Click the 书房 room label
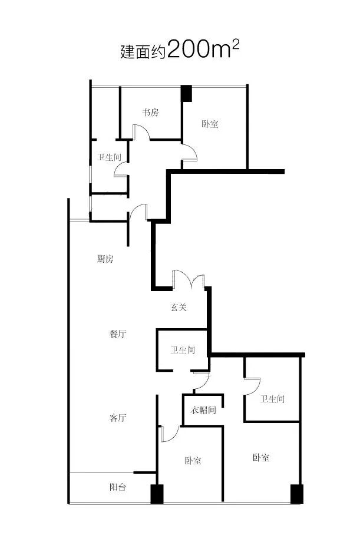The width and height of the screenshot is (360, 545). click(150, 113)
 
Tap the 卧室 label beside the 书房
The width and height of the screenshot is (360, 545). click(210, 124)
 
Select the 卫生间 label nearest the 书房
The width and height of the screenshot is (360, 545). click(109, 157)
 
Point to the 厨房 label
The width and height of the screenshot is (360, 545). click(104, 259)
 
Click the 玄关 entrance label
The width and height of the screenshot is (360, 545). click(179, 307)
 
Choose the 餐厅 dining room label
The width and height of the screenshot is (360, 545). click(118, 334)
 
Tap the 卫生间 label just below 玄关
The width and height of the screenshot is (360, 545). click(183, 350)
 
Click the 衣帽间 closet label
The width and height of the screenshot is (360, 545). click(203, 410)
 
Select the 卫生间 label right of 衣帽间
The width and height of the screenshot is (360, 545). click(272, 399)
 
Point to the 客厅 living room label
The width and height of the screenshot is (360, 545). click(118, 418)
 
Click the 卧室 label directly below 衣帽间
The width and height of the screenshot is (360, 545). click(193, 460)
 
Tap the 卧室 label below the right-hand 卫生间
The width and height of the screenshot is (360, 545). click(262, 457)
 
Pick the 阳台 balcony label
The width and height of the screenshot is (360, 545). click(118, 488)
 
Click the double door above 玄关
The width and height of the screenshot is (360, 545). click(189, 279)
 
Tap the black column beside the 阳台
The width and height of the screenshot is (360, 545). click(156, 494)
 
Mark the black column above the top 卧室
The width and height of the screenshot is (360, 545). click(186, 93)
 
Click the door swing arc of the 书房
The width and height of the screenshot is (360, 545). click(140, 132)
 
